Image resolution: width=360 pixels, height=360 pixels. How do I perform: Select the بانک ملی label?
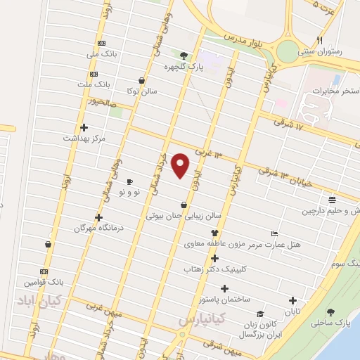point(100,54)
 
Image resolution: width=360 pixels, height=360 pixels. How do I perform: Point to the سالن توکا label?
point(141,91)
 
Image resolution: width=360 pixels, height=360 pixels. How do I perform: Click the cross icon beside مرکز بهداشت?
point(84,127)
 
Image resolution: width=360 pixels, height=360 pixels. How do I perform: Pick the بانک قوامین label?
point(45,282)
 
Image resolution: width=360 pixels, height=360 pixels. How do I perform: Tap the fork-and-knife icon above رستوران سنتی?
point(320,40)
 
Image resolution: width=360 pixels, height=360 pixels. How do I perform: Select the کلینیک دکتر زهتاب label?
point(214,269)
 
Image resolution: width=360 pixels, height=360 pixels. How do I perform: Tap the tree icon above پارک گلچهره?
point(184,56)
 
